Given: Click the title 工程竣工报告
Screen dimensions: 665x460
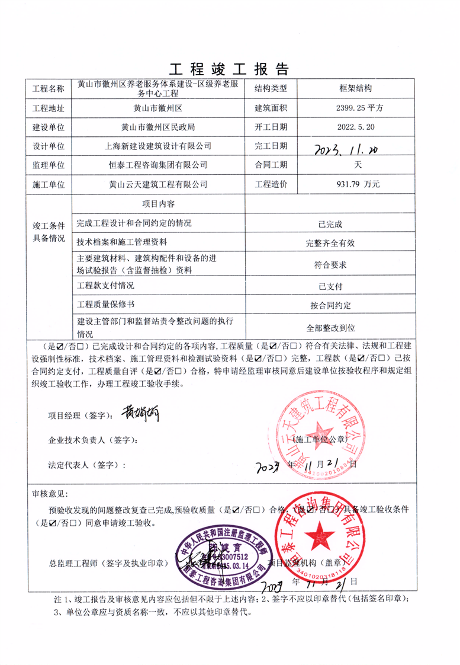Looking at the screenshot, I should (x=230, y=69).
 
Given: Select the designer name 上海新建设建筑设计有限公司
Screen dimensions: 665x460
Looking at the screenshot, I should (x=157, y=146).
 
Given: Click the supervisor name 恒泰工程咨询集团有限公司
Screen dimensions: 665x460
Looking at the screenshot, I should (x=157, y=165).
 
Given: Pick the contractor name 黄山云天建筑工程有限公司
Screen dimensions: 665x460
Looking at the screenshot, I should (x=157, y=184).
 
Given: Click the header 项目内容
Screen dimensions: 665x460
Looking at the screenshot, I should (x=157, y=203).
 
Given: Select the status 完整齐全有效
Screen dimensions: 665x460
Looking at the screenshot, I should (x=330, y=242).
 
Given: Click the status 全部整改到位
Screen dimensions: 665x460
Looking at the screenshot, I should (x=330, y=327).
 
